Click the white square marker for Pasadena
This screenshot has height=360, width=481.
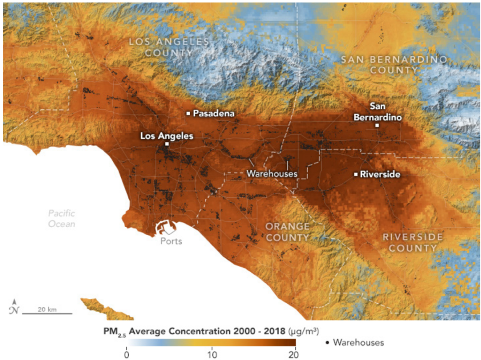188,113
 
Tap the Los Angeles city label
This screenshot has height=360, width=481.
166,136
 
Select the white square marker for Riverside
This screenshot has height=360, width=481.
356,174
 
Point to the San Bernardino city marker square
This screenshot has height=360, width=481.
377,125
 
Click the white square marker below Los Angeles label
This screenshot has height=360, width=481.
167,144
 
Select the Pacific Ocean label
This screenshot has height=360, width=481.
62,219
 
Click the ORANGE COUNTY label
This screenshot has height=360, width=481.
287,232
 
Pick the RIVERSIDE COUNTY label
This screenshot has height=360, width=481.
412,242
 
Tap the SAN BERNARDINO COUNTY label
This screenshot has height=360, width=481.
393,65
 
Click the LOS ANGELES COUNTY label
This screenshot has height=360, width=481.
169,47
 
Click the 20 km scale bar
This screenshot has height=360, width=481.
47,313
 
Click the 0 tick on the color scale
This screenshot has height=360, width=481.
126,353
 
